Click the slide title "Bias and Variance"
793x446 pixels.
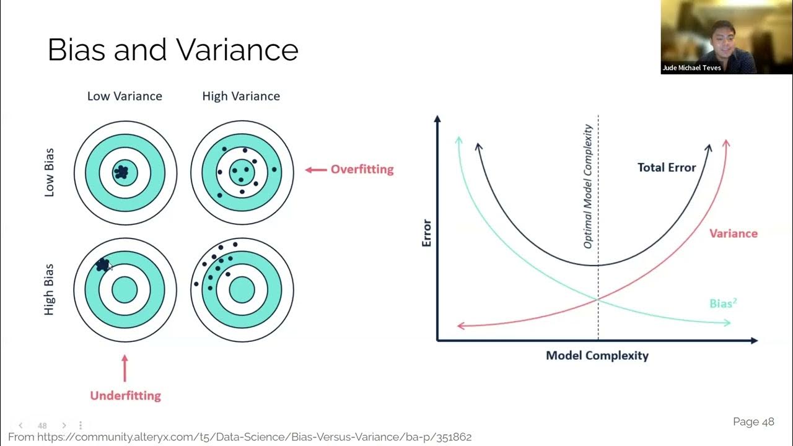click(x=173, y=50)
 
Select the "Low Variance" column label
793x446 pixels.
click(x=125, y=96)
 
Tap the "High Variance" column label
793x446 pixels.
click(x=241, y=96)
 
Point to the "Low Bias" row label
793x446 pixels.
click(x=50, y=172)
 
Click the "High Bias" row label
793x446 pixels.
click(x=50, y=289)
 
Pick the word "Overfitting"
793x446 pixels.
click(x=362, y=169)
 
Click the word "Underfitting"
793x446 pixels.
click(x=125, y=395)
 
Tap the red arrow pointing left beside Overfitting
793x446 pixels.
click(x=316, y=169)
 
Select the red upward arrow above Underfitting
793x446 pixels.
click(x=125, y=368)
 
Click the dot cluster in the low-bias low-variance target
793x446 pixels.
click(x=122, y=172)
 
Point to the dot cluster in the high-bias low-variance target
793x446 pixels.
click(x=103, y=265)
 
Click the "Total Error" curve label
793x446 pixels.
click(x=667, y=167)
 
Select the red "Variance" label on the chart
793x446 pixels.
click(x=734, y=234)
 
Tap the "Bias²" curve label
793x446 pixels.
click(x=723, y=304)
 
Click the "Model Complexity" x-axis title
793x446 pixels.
click(x=597, y=356)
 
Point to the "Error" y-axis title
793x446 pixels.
click(x=427, y=233)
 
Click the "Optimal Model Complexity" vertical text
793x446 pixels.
click(x=588, y=186)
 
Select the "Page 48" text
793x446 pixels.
click(x=753, y=422)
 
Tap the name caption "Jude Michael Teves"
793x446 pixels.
click(x=691, y=68)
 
